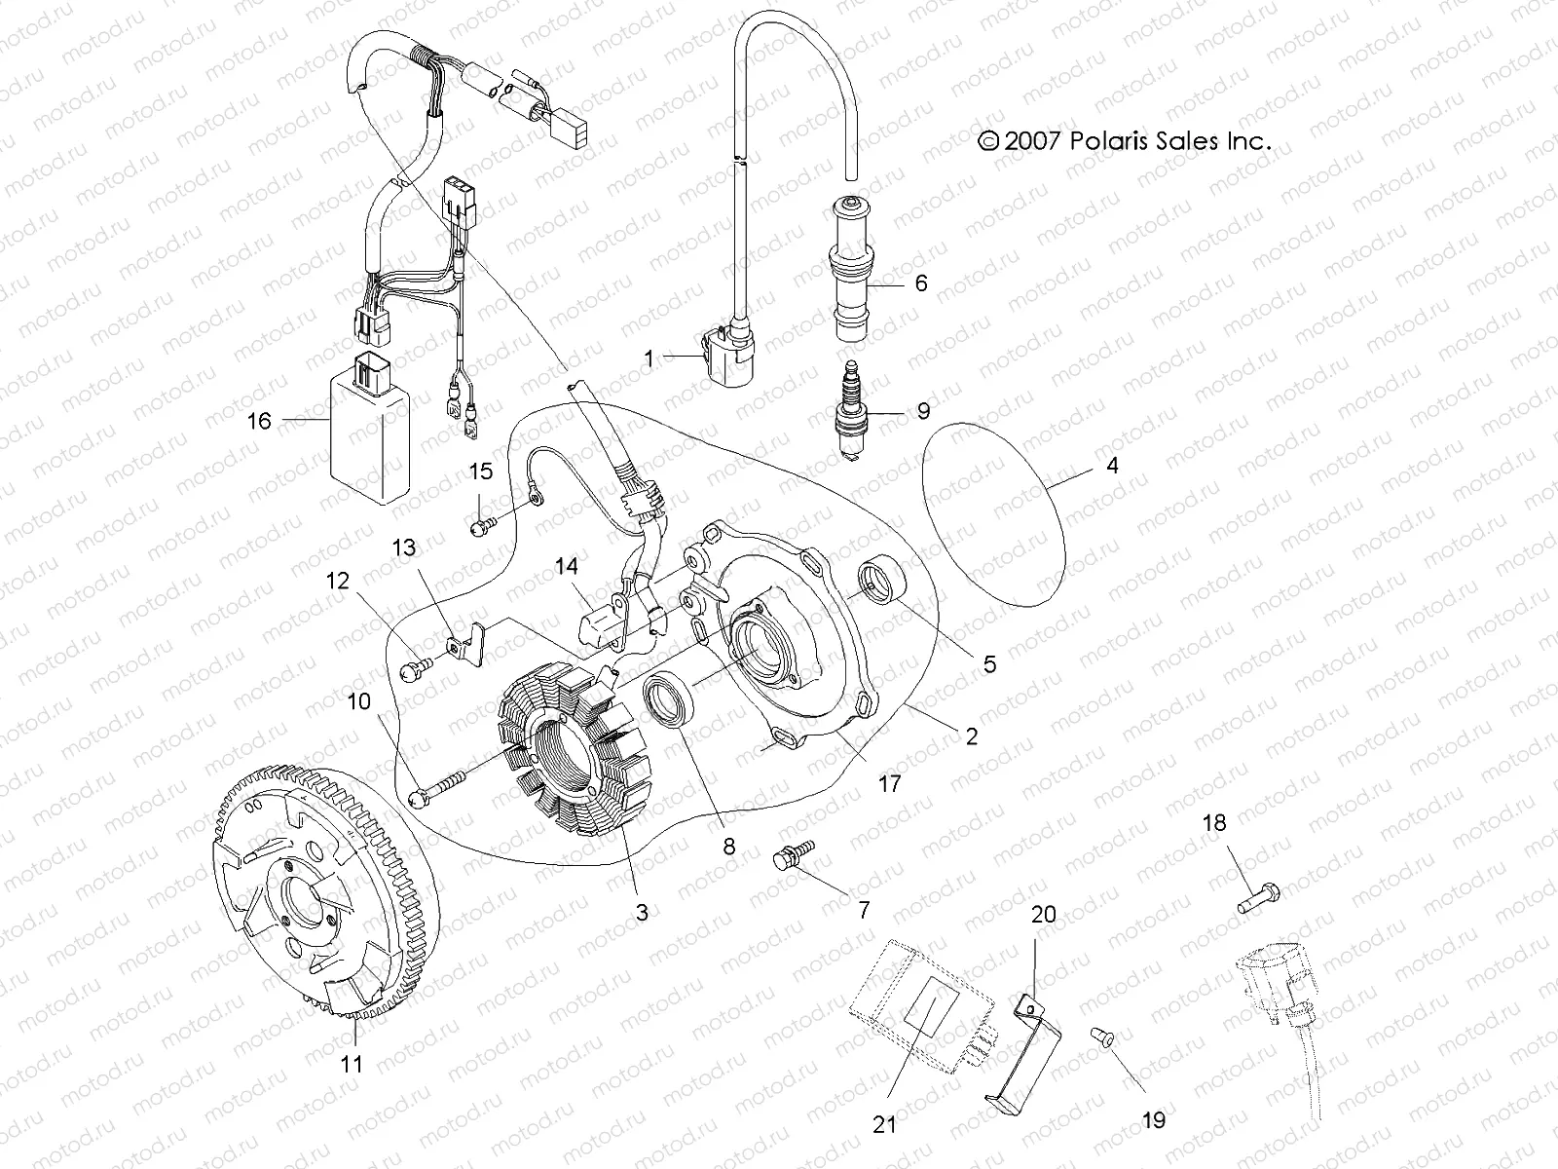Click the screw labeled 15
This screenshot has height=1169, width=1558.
(x=480, y=527)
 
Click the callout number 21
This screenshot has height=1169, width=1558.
(x=884, y=1123)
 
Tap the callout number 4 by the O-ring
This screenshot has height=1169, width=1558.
(x=1112, y=466)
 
